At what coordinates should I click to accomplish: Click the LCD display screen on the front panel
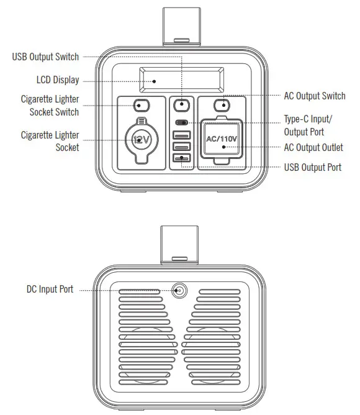coord(181,81)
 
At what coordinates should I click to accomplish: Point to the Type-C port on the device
coord(182,122)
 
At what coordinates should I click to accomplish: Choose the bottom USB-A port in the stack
coord(182,159)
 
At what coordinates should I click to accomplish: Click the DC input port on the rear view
coord(180,290)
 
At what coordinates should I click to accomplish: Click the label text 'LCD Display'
coord(58,81)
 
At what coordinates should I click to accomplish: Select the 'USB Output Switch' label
coord(46,57)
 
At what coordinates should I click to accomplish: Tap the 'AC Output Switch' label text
coord(315,96)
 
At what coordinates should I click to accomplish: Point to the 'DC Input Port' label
coord(50,290)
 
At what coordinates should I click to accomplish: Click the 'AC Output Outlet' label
coord(313,148)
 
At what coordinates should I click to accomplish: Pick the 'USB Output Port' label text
coord(313,168)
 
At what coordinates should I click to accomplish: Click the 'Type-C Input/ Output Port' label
coord(308,125)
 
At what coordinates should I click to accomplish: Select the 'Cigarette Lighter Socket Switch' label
coord(50,106)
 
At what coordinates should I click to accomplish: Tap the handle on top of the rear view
coord(180,245)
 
